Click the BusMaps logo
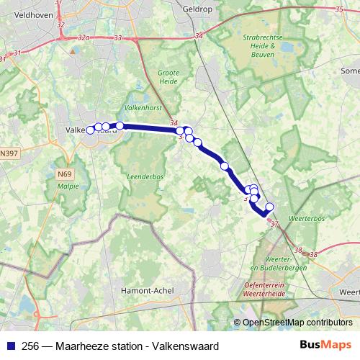coord(325,345)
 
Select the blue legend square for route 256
coord(10,345)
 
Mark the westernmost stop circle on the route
coord(91,130)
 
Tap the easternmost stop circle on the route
coord(270,207)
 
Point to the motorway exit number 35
coord(339,9)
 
